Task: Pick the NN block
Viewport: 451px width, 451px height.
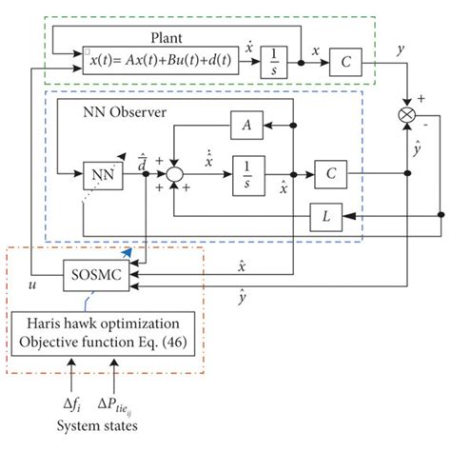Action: coord(101,175)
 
